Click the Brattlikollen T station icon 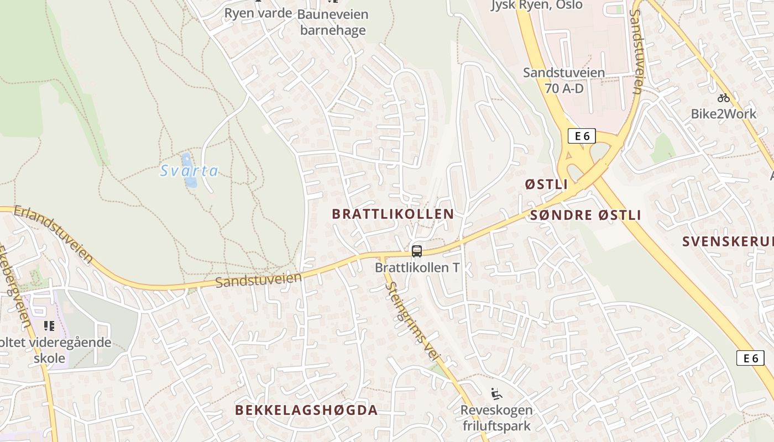point(417,251)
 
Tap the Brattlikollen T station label point(417,267)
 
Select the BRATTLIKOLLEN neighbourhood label point(393,214)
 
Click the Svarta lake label point(189,171)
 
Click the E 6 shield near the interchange point(582,136)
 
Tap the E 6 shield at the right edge point(750,358)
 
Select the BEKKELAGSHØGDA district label point(306,410)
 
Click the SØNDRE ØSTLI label point(585,215)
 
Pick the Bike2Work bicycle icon point(723,98)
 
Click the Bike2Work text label point(723,114)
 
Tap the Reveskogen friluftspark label point(496,418)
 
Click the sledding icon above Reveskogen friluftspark point(496,394)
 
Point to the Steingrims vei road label point(412,322)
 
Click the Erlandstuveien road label point(54,234)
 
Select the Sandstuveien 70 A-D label point(564,80)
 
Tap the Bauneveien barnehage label point(333,22)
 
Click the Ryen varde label point(258,13)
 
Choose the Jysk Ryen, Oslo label point(536,6)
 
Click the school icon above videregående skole point(49,326)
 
